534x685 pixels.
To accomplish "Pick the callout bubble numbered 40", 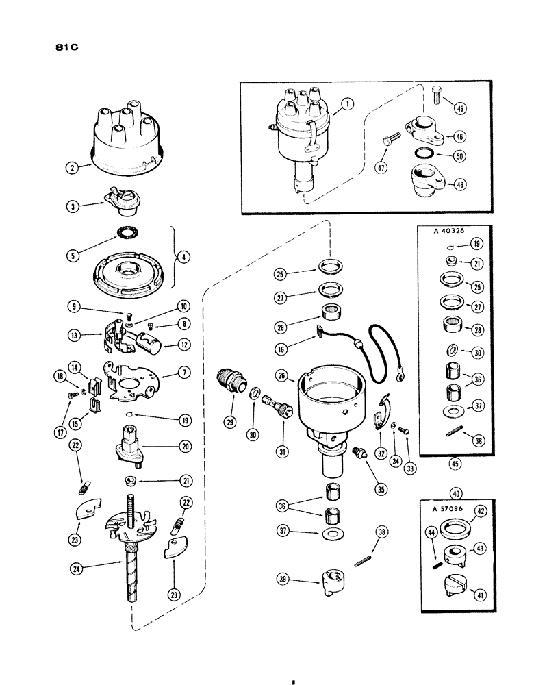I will (x=455, y=490).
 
